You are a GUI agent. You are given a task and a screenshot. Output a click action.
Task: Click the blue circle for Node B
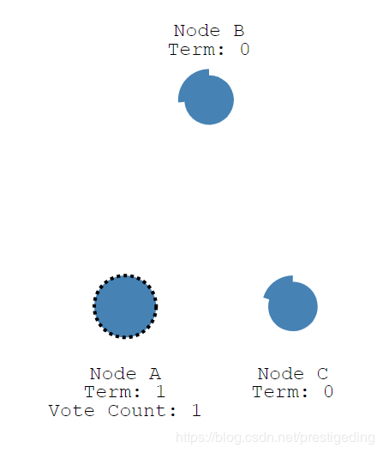(207, 98)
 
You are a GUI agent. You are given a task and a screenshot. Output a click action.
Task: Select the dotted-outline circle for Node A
(125, 306)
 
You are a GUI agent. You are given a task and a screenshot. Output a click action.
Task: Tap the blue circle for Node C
(291, 305)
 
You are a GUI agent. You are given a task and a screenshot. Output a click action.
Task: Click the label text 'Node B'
(209, 31)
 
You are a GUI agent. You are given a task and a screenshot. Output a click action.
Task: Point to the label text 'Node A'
(125, 374)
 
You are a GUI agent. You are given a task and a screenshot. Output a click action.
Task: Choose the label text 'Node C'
(293, 374)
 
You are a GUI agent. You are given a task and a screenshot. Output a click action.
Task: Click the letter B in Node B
(239, 31)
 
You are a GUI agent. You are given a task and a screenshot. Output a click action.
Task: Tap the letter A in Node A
(155, 374)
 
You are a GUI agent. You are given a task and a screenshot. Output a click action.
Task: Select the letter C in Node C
(323, 374)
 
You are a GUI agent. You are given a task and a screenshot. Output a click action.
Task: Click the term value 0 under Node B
(245, 49)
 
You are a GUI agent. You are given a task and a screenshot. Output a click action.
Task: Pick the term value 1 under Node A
(160, 392)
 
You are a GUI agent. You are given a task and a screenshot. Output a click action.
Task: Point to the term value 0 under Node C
(328, 392)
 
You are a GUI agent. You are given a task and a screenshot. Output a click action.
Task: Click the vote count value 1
(196, 410)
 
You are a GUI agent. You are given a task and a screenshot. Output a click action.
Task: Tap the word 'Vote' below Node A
(72, 410)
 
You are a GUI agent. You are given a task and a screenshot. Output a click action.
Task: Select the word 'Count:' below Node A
(142, 410)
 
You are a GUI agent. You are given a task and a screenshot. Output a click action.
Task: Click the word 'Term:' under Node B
(196, 49)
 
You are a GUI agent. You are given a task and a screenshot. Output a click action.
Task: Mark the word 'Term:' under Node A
(112, 392)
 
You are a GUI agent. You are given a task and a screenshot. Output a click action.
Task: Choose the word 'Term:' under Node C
(280, 392)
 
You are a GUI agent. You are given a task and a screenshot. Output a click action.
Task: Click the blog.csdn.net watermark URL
(275, 438)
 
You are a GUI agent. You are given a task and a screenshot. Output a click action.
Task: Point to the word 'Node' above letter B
(197, 31)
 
